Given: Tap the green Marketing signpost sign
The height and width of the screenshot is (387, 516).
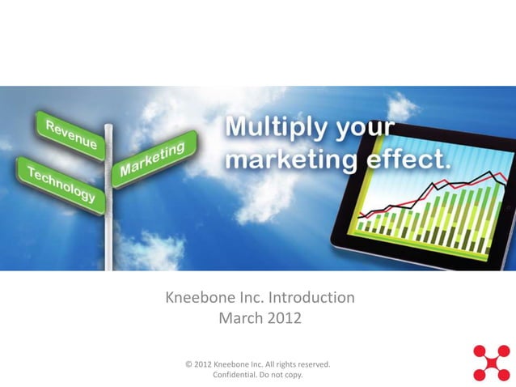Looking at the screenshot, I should (x=154, y=158).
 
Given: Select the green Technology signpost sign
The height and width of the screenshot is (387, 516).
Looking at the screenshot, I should (x=61, y=183).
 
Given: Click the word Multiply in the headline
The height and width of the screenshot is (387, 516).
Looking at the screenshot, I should (x=274, y=129).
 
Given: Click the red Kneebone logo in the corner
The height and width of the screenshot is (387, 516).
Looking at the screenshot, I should (x=491, y=362).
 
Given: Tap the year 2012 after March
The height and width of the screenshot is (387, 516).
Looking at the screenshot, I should (x=285, y=318).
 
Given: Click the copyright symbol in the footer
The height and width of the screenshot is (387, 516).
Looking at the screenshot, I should (x=188, y=364).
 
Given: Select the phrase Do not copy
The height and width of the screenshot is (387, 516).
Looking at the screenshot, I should (x=284, y=375).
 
